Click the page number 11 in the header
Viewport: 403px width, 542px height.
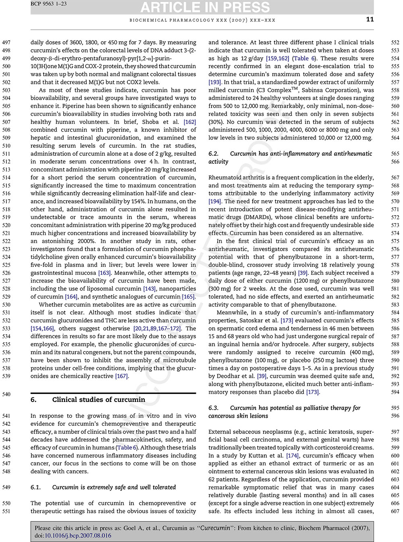370,19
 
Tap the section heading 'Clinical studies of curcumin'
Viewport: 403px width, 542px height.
98,400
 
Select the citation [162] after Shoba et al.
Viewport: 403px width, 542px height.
190,122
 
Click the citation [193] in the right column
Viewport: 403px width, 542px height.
214,82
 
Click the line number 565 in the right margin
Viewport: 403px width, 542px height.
395,154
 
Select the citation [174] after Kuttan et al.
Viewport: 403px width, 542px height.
292,456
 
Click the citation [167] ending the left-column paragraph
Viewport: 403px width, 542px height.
121,376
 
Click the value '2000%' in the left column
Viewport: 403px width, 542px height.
84,241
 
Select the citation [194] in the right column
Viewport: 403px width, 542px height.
215,201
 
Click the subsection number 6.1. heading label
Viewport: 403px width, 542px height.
36,487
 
